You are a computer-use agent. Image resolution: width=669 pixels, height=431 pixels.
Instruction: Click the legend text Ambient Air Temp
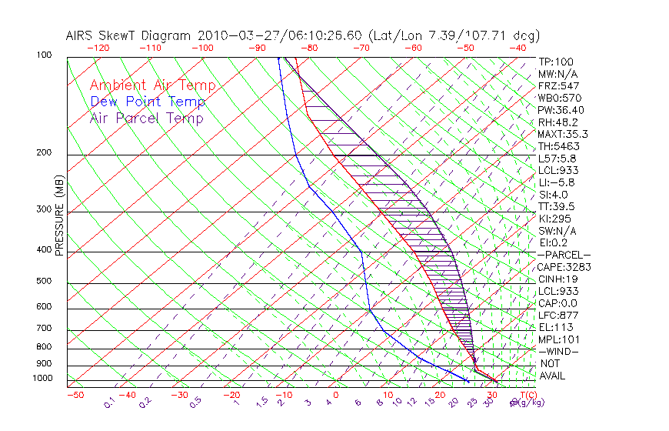(x=152, y=85)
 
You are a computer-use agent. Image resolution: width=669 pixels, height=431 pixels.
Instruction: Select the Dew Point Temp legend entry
(x=148, y=102)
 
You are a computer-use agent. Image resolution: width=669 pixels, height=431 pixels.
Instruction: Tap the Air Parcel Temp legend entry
(x=146, y=118)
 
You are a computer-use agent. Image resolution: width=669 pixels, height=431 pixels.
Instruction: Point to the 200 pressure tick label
(x=45, y=153)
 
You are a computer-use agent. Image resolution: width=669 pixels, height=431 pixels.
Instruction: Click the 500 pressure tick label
(x=45, y=281)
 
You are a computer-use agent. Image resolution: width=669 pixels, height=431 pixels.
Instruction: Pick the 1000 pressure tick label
(x=42, y=378)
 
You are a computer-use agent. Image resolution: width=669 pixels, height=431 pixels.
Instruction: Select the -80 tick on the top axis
(x=310, y=48)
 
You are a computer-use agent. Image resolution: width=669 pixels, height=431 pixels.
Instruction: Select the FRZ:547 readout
(x=558, y=85)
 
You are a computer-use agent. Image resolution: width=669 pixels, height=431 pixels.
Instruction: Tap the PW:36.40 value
(x=561, y=110)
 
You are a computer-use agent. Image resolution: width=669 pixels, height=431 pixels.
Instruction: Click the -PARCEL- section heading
(x=564, y=255)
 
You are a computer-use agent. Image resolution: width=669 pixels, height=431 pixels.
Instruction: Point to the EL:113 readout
(x=555, y=327)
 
